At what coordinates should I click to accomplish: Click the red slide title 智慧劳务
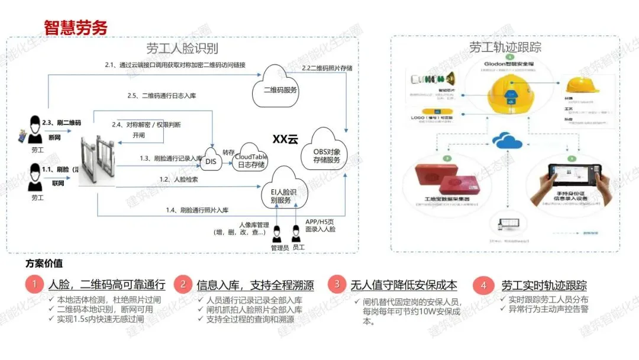[x=75, y=27]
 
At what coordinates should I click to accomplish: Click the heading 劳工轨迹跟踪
[x=505, y=47]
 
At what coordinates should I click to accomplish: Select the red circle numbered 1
[x=34, y=285]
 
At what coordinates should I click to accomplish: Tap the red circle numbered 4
[x=483, y=285]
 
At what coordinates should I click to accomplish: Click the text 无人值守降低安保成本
[x=404, y=285]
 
